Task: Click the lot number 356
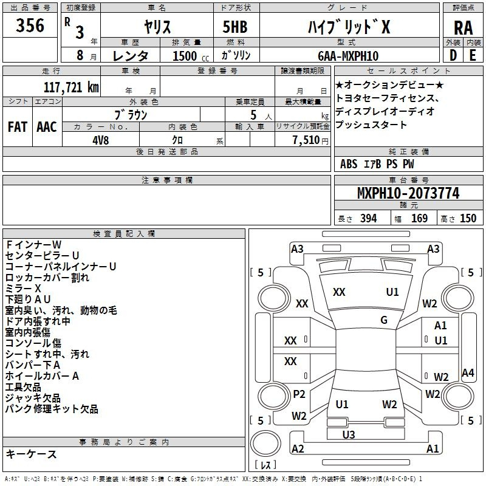pyautogui.click(x=30, y=26)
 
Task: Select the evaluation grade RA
pyautogui.click(x=463, y=28)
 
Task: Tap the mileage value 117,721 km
pyautogui.click(x=71, y=87)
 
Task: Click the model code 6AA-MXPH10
pyautogui.click(x=348, y=56)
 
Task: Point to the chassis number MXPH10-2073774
pyautogui.click(x=408, y=193)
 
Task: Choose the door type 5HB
pyautogui.click(x=235, y=27)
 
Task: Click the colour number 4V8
pyautogui.click(x=101, y=140)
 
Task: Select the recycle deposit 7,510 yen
pyautogui.click(x=310, y=140)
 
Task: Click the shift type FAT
pyautogui.click(x=18, y=127)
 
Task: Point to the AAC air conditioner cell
pyautogui.click(x=47, y=127)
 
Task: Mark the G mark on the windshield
pyautogui.click(x=384, y=320)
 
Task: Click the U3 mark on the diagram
pyautogui.click(x=349, y=434)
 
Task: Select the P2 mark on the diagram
pyautogui.click(x=299, y=394)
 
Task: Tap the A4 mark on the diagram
pyautogui.click(x=468, y=372)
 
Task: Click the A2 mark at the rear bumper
pyautogui.click(x=298, y=448)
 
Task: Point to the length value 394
pyautogui.click(x=369, y=218)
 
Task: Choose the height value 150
pyautogui.click(x=468, y=218)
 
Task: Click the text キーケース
pyautogui.click(x=32, y=454)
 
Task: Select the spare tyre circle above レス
pyautogui.click(x=265, y=443)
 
